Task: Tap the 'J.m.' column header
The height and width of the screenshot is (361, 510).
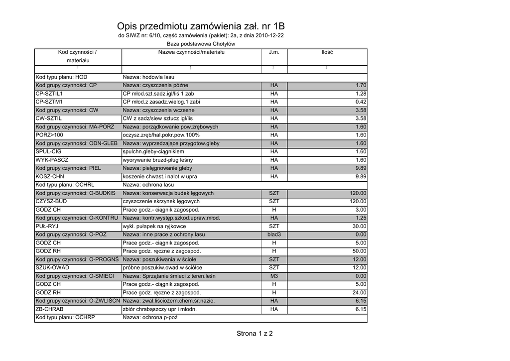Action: point(274,52)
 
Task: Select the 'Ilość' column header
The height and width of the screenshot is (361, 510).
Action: point(327,52)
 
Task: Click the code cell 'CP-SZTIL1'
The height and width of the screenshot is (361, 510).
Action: point(49,94)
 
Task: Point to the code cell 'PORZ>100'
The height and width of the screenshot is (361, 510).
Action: point(49,135)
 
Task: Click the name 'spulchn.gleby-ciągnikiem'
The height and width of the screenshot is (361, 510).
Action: point(153,152)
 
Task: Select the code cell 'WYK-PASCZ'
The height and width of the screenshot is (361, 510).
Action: point(52,160)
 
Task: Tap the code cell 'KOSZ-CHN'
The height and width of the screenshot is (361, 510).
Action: point(50,177)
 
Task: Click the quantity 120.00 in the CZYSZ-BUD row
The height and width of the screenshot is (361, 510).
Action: point(358,202)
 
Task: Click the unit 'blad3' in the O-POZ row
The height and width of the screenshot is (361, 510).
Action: point(274,235)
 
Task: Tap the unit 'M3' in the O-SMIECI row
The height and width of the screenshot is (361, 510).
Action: point(274,276)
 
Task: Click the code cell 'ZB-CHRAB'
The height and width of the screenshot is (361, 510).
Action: point(49,309)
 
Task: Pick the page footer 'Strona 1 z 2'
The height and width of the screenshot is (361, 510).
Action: point(255,334)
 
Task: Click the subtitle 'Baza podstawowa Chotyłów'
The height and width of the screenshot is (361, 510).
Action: point(201,44)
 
